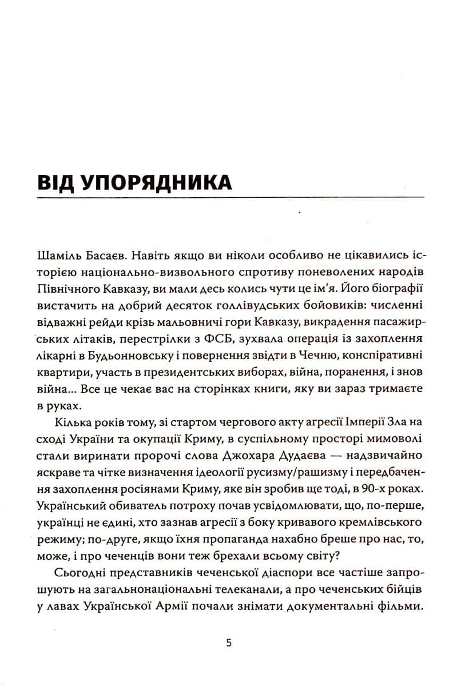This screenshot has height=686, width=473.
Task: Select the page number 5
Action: coord(229,643)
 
